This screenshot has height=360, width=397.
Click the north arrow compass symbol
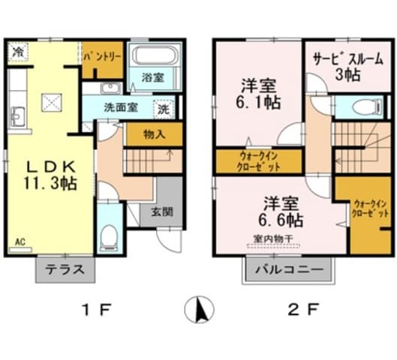coord(199,308)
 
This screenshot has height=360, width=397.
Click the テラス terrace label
coord(64,271)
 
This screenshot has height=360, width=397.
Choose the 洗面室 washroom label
coord(120,107)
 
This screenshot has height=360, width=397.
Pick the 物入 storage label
coord(152,133)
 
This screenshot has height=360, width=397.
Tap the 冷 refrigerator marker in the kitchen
coord(17,52)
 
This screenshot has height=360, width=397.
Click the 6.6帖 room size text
coord(282,220)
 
